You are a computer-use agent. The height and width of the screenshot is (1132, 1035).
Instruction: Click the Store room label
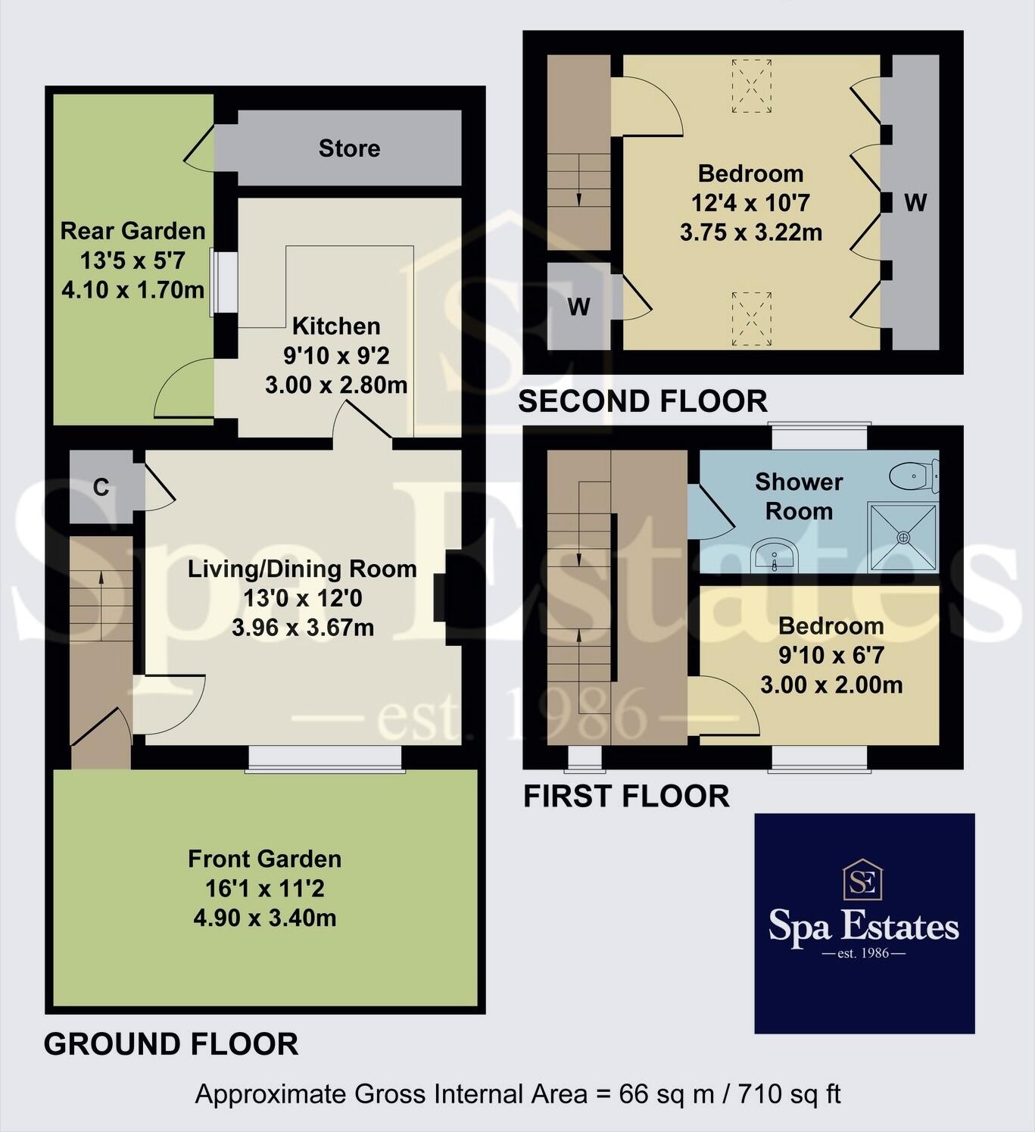click(x=349, y=148)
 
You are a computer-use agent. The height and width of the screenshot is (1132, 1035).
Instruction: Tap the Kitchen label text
click(x=336, y=326)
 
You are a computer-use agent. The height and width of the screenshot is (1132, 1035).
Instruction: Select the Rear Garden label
click(x=132, y=231)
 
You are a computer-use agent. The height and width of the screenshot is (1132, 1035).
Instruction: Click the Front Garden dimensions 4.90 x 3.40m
click(x=265, y=918)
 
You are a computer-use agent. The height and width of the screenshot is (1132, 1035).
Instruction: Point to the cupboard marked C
click(x=101, y=488)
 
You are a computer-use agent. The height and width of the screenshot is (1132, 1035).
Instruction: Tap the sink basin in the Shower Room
click(x=773, y=555)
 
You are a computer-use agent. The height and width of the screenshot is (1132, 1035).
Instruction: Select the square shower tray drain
click(x=903, y=537)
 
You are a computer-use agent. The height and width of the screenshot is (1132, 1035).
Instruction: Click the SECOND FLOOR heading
click(x=642, y=401)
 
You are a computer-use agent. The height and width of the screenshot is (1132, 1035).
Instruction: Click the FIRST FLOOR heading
click(x=626, y=797)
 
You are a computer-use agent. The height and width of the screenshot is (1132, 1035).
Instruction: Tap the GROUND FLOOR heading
click(x=171, y=1044)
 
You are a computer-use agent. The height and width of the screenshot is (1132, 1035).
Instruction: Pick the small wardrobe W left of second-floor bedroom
click(x=578, y=307)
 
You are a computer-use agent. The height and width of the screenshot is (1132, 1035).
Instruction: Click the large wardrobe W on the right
click(x=915, y=202)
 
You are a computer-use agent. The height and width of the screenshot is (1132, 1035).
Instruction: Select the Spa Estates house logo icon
click(x=865, y=880)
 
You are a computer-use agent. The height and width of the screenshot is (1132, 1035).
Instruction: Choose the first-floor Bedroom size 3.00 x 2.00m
click(x=831, y=685)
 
